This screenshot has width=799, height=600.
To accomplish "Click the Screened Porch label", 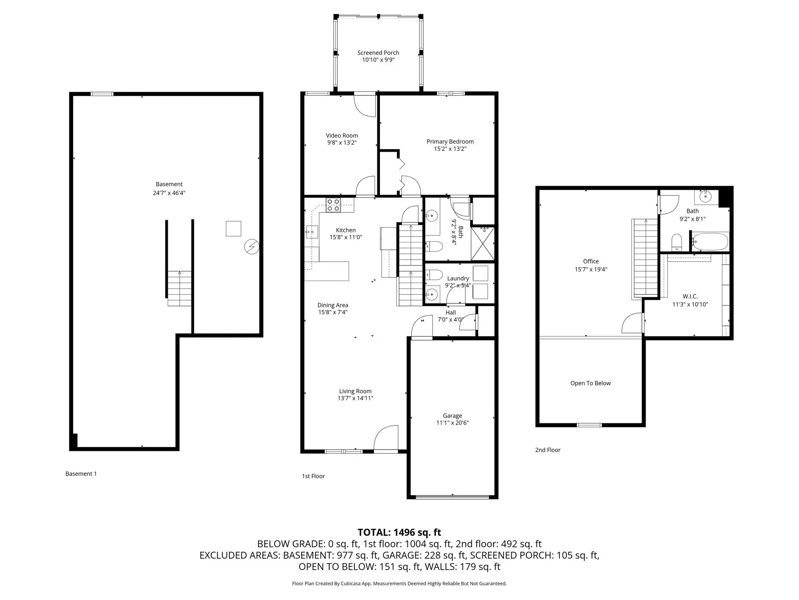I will (378, 53).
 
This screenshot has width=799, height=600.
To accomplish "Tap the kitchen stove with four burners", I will (333, 205).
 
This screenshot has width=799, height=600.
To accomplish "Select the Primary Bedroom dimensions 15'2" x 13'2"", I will (450, 149).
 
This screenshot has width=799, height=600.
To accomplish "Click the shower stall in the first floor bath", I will (483, 243).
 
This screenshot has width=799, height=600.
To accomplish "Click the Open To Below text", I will (590, 383).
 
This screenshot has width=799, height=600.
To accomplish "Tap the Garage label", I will (452, 416).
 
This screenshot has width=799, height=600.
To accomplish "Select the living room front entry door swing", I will (387, 437).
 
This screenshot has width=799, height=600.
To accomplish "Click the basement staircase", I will (180, 288).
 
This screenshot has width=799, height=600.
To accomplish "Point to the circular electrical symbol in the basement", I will (251, 247).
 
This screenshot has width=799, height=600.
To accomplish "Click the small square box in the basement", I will (233, 229).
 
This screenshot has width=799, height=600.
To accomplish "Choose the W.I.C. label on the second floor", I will (690, 297).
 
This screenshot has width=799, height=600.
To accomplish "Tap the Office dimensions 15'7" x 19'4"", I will (591, 270).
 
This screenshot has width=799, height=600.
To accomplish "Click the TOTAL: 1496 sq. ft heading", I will (399, 532).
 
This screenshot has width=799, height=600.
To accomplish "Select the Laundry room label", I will (458, 278).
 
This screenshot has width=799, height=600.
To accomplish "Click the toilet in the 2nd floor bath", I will (677, 242).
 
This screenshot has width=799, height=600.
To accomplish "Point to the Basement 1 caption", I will (81, 474).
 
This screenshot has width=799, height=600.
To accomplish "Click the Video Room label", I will (342, 135).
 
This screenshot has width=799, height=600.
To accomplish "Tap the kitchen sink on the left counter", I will (311, 231).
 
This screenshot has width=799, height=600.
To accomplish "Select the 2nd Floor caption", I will (548, 450).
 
